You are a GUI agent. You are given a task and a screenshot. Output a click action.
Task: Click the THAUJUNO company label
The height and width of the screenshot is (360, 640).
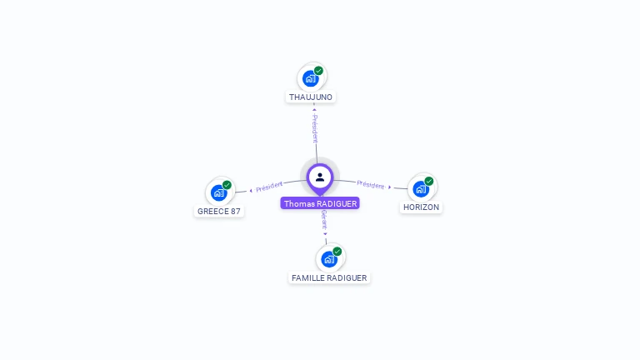tap(311, 97)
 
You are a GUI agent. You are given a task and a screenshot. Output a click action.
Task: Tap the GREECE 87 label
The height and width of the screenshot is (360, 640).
tap(218, 211)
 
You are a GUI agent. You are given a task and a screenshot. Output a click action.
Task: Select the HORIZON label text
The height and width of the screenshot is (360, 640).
tap(421, 207)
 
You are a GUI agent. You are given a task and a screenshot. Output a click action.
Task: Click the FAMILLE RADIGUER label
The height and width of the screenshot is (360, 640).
tap(329, 277)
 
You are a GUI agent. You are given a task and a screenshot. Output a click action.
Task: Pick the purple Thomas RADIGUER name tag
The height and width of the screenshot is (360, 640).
tap(320, 203)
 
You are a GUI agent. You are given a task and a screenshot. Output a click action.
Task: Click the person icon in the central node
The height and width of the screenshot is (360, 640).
tap(320, 177)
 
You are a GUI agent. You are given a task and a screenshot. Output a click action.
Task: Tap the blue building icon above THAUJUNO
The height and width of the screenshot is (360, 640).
tap(310, 78)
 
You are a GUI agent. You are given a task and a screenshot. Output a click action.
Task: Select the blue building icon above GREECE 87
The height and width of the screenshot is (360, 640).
tap(218, 192)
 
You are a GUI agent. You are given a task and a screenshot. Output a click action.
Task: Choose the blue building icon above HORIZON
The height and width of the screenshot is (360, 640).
tap(420, 188)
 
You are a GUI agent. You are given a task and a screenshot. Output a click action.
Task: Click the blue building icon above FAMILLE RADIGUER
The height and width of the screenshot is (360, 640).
tap(328, 259)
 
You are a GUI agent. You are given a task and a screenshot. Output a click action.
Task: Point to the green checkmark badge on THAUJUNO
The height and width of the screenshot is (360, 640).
tap(318, 71)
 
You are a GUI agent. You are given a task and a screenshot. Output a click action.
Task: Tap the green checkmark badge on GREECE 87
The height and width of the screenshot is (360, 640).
tap(227, 185)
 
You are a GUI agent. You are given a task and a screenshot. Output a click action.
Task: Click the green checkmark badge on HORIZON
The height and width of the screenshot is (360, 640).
tap(428, 181)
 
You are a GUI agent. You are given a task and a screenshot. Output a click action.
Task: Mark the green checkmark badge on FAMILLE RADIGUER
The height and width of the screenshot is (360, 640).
tap(337, 251)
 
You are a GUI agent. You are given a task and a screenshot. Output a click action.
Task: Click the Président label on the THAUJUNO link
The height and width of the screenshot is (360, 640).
tap(315, 128)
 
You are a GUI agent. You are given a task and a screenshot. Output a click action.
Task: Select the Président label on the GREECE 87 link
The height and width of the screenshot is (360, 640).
tap(269, 186)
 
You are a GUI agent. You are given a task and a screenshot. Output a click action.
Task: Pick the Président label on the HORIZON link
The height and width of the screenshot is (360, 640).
tap(371, 185)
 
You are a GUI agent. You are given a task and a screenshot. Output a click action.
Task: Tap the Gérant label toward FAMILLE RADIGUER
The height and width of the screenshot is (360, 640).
tap(323, 219)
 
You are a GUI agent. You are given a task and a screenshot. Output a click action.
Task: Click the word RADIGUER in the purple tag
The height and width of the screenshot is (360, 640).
tap(337, 203)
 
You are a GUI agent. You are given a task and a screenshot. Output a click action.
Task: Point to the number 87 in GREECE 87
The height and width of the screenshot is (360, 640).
tap(235, 211)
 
